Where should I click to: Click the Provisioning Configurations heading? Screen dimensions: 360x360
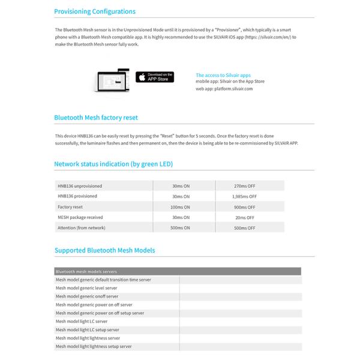click(x=95, y=11)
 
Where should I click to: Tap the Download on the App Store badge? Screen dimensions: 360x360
click(x=155, y=77)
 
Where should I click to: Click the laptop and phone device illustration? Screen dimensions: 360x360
click(x=112, y=80)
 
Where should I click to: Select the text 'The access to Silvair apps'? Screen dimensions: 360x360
click(x=224, y=75)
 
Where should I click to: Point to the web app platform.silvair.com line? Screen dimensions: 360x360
click(x=224, y=89)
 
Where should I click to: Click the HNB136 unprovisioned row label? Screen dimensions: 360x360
click(x=80, y=185)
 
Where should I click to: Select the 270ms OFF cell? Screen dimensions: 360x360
click(x=244, y=185)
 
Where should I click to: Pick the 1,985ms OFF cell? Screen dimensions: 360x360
click(x=244, y=196)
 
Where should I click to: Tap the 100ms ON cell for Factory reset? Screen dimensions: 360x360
click(x=180, y=207)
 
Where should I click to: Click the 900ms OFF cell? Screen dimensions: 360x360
click(x=244, y=207)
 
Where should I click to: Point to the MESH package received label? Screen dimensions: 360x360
click(x=80, y=217)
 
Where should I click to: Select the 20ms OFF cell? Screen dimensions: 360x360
click(x=244, y=217)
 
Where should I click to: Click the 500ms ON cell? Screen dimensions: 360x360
click(x=180, y=228)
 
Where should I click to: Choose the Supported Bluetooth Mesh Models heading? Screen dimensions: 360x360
click(x=104, y=250)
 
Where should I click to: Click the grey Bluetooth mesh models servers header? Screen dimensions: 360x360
click(x=178, y=272)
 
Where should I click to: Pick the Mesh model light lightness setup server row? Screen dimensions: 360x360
click(x=94, y=346)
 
